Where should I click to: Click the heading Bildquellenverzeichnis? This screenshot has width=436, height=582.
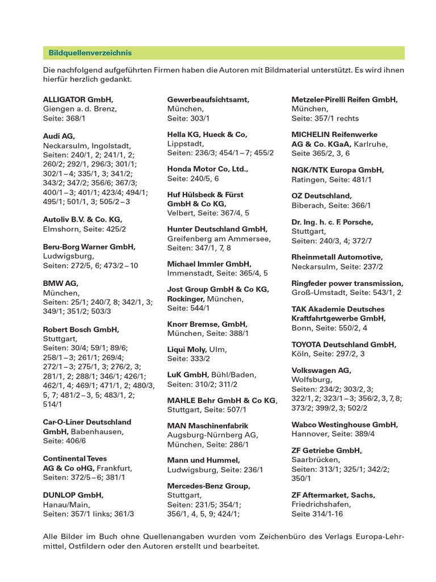pyautogui.click(x=90, y=53)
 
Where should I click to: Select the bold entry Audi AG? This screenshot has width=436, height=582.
pyautogui.click(x=59, y=136)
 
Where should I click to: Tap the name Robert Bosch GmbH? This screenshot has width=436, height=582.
pyautogui.click(x=81, y=329)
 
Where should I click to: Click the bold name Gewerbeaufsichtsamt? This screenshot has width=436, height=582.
pyautogui.click(x=208, y=99)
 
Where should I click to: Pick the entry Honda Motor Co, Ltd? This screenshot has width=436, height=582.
pyautogui.click(x=208, y=169)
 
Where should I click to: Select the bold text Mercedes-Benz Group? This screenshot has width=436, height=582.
pyautogui.click(x=208, y=486)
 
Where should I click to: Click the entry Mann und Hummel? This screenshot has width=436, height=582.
pyautogui.click(x=203, y=460)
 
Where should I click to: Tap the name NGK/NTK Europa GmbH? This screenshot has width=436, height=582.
pyautogui.click(x=337, y=170)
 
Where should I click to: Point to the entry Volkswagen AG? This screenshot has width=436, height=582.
pyautogui.click(x=321, y=370)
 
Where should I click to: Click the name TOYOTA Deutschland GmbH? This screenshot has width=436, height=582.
pyautogui.click(x=344, y=344)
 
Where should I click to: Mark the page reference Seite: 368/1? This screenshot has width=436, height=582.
pyautogui.click(x=64, y=118)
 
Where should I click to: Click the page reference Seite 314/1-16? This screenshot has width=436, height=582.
pyautogui.click(x=317, y=514)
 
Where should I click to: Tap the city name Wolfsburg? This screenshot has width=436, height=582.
pyautogui.click(x=312, y=379)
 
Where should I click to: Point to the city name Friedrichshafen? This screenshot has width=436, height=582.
pyautogui.click(x=321, y=504)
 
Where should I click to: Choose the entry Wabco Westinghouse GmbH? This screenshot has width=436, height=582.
pyautogui.click(x=345, y=425)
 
